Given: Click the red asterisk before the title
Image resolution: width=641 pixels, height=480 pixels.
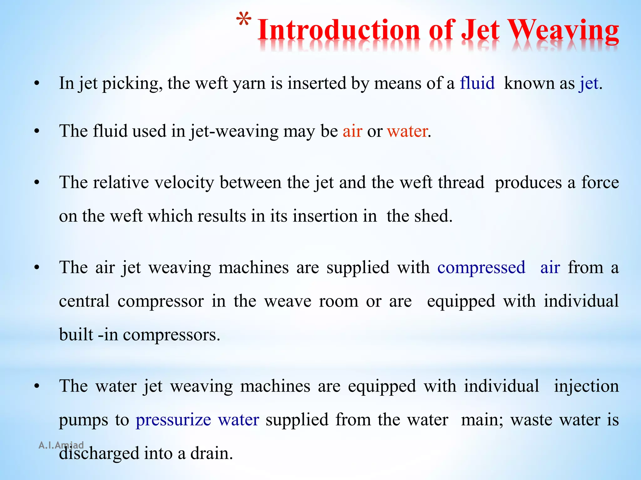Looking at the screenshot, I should (244, 21).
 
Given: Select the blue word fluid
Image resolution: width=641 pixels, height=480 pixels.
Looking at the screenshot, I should (477, 83).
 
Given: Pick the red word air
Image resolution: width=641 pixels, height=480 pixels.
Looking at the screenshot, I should (352, 131).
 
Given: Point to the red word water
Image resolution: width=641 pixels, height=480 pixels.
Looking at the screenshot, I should (407, 131).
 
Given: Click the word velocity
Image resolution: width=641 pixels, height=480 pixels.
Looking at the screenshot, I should (183, 182).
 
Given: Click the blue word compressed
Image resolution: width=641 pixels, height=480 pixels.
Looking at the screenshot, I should (481, 268).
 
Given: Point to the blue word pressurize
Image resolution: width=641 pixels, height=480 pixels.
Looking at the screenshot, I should (173, 420).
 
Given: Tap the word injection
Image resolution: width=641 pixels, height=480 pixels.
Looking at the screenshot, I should (586, 386).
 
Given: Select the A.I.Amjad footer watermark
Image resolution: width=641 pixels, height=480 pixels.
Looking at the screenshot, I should (61, 445).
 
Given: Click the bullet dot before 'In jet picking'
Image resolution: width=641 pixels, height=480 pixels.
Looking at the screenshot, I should (37, 83).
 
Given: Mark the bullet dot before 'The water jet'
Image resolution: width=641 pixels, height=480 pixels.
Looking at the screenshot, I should (37, 387).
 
